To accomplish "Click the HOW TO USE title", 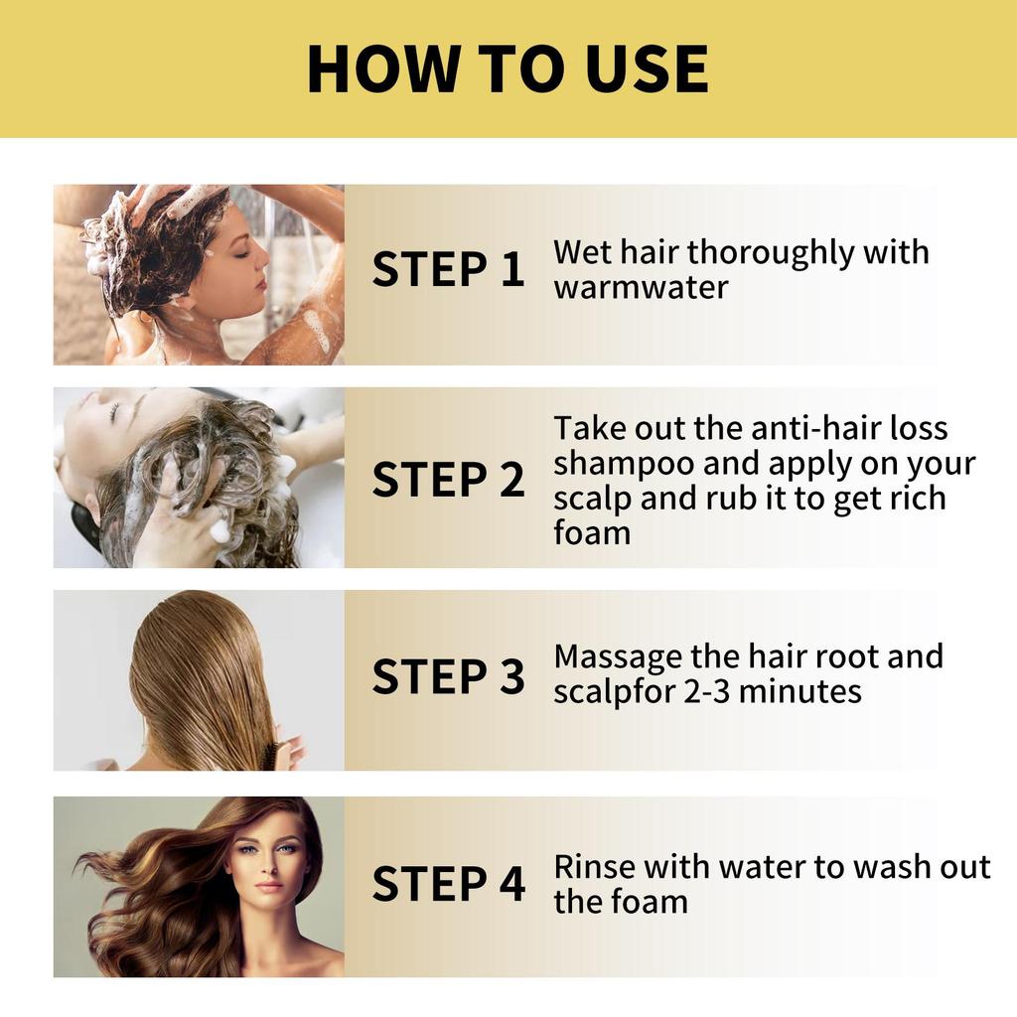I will [508, 69].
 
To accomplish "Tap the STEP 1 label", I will [448, 270].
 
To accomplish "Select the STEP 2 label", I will [448, 479].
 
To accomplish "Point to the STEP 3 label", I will [448, 676].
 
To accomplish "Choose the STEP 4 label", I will [448, 884].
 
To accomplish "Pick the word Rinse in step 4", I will [594, 866].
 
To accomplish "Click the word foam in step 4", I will [649, 902].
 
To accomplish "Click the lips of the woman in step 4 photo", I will [268, 886].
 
